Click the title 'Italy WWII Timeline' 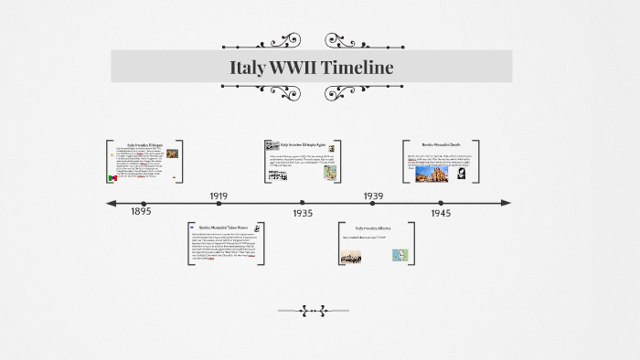coord(312,67)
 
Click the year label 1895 coord(141,212)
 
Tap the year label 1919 coord(219,196)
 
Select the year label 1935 coord(303,212)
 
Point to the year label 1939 coord(373,196)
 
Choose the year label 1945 coord(441,212)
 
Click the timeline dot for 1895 coord(141,203)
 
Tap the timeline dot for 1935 coord(302,203)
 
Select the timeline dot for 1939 coord(372,203)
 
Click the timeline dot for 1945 coord(441,203)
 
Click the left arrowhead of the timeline coord(111,203)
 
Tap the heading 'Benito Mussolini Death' coord(441,145)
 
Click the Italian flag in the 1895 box coord(112,176)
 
